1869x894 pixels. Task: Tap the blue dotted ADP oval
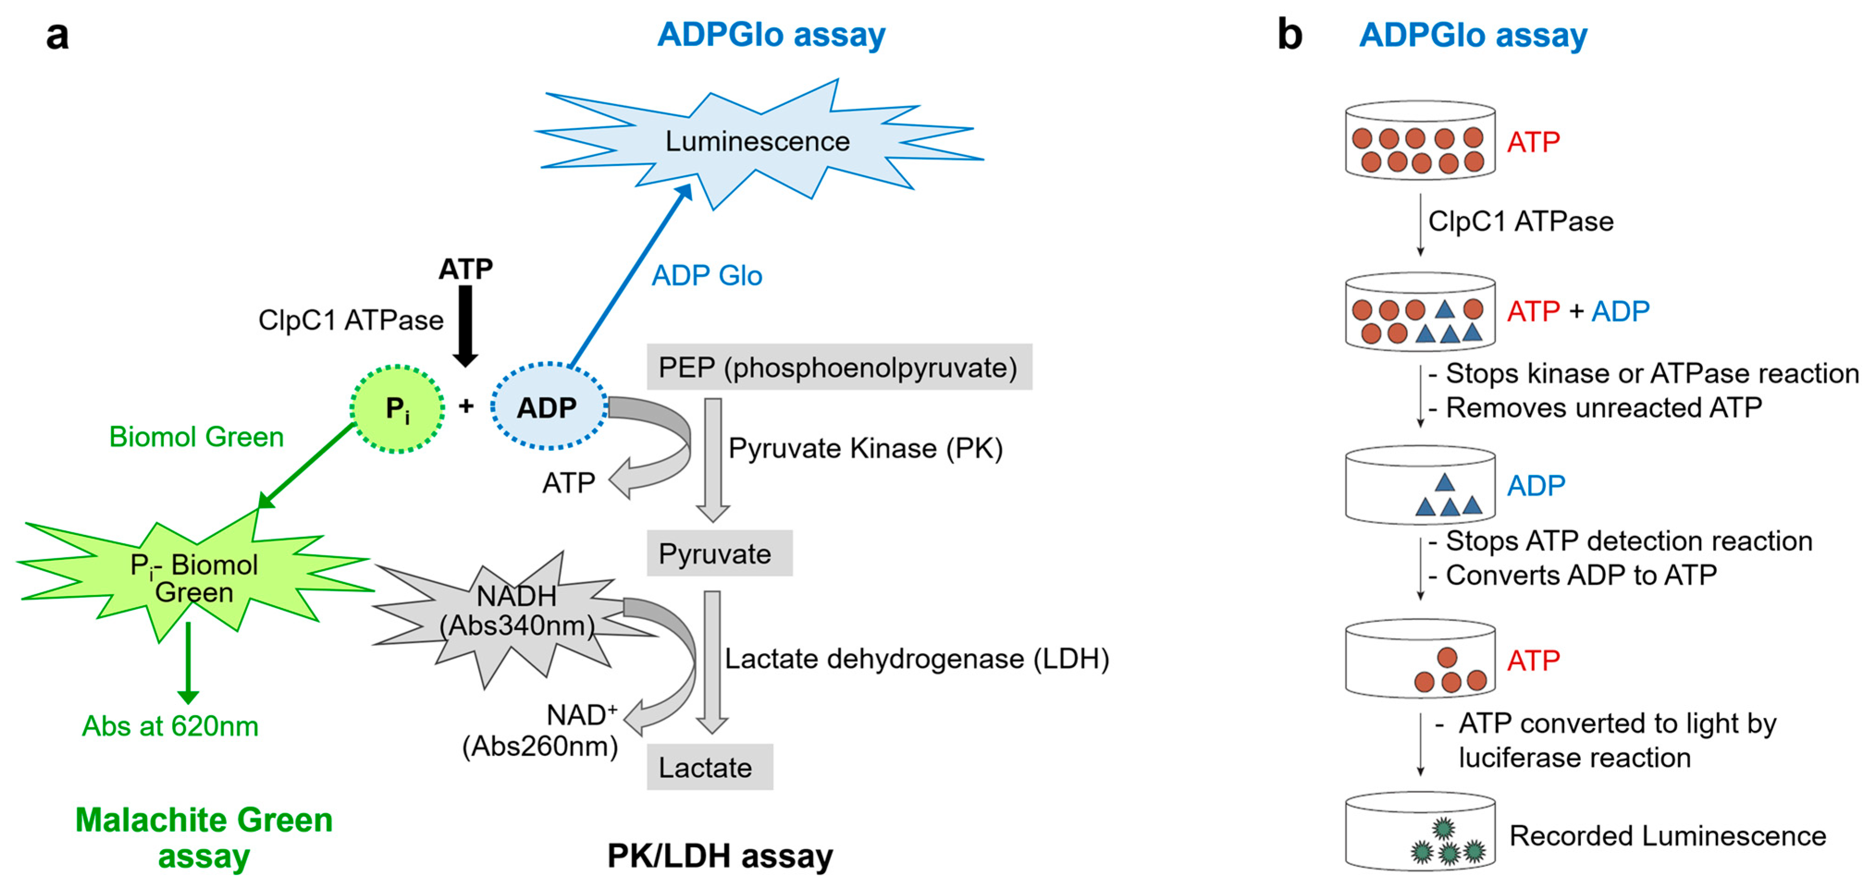coord(548,407)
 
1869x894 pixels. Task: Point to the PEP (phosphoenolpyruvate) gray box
coord(839,368)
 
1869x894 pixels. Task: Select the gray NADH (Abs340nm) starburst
coord(516,613)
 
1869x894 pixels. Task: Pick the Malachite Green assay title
coord(204,838)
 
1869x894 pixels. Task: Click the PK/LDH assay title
coord(720,856)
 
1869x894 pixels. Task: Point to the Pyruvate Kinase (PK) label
coord(865,448)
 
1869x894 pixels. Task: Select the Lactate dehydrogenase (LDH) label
coord(916,658)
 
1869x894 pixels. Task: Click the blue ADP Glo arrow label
coord(707,275)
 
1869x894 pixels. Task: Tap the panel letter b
coord(1289,34)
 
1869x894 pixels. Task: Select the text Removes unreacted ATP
coord(1603,407)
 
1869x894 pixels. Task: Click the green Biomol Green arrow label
coord(196,437)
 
